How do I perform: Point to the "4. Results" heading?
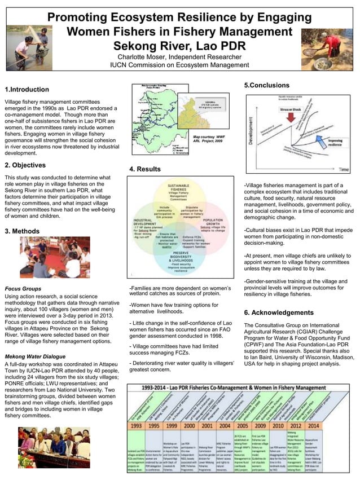point(145,169)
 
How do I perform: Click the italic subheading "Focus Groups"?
point(24,288)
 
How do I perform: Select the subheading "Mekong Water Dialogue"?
point(37,356)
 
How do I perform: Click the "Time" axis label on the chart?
point(344,170)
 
